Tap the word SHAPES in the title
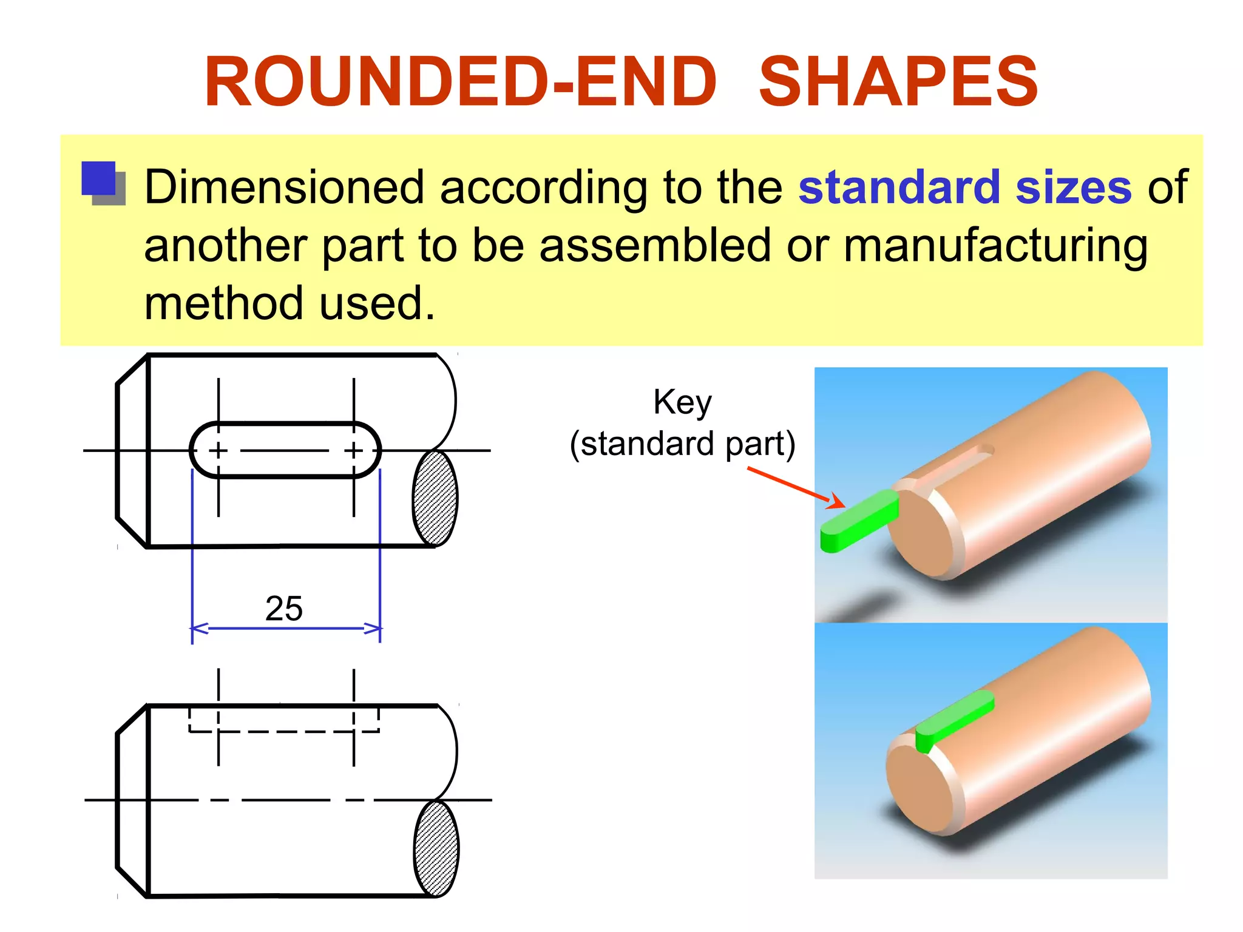pyautogui.click(x=898, y=82)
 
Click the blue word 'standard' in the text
pyautogui.click(x=899, y=187)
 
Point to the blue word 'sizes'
pyautogui.click(x=1073, y=187)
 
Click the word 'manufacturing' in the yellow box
pyautogui.click(x=995, y=246)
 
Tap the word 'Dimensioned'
pyautogui.click(x=284, y=187)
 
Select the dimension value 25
pyautogui.click(x=283, y=608)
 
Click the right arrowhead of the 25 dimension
pyautogui.click(x=373, y=628)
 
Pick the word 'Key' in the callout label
pyautogui.click(x=682, y=402)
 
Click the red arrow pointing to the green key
pyautogui.click(x=795, y=487)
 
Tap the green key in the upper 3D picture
pyautogui.click(x=859, y=521)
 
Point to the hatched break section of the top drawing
pyautogui.click(x=435, y=498)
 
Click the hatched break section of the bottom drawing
pyautogui.click(x=436, y=848)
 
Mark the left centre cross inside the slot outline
pyautogui.click(x=218, y=451)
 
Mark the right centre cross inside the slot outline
pyautogui.click(x=354, y=451)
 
